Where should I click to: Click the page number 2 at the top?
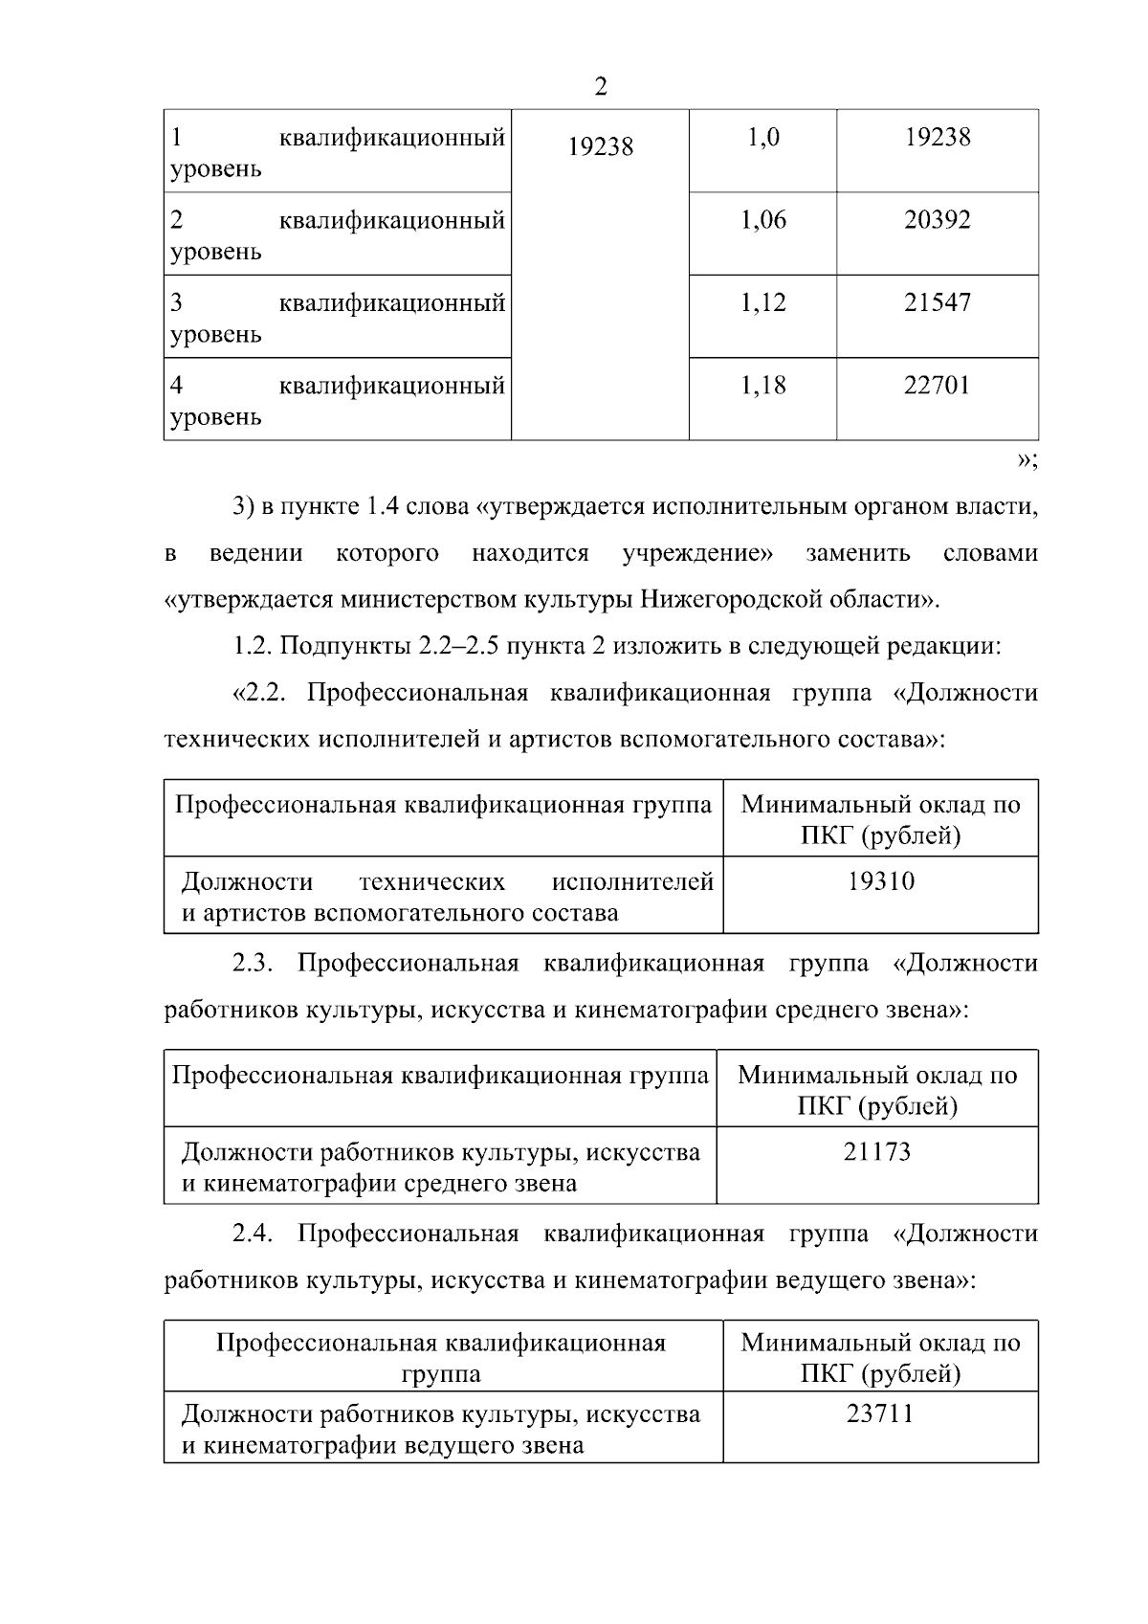point(600,87)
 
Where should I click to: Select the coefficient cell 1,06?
point(762,220)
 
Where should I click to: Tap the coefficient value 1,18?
point(762,386)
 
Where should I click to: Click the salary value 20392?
point(938,220)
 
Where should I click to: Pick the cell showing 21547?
point(938,303)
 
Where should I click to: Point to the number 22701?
point(938,386)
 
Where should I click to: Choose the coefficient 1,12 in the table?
point(762,303)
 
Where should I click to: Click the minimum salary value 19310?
point(881,880)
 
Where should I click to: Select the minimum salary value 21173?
point(877,1151)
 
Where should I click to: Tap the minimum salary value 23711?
point(880,1413)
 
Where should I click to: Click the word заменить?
point(857,553)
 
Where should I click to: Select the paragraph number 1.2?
point(253,646)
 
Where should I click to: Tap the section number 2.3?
point(253,963)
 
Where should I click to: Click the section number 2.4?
point(253,1234)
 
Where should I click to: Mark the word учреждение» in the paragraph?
point(697,553)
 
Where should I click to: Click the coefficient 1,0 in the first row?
point(762,138)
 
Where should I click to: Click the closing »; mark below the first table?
point(1026,461)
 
